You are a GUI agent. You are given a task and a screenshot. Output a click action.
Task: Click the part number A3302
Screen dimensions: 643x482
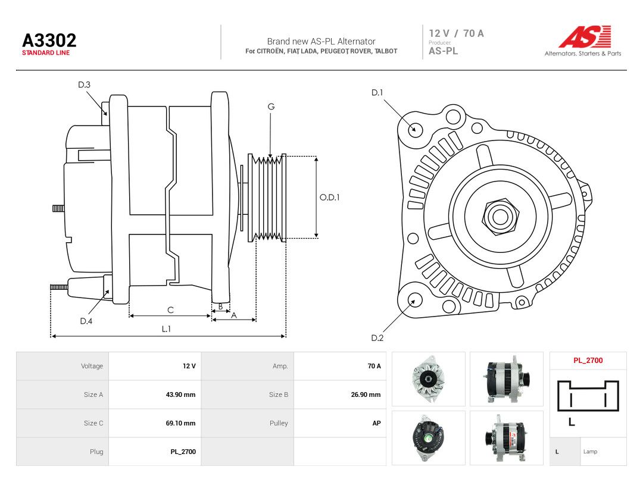49,40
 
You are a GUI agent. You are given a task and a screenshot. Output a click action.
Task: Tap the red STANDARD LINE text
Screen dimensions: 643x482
46,53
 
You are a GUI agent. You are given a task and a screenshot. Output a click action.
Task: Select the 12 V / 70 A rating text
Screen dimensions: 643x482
457,33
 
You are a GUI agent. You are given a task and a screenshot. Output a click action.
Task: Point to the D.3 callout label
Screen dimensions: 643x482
84,85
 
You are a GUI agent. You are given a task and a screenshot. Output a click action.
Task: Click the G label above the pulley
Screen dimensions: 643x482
271,107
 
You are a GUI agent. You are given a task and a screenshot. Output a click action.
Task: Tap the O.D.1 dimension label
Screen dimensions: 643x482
330,198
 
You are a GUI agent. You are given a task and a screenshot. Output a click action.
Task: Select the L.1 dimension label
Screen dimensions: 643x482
166,328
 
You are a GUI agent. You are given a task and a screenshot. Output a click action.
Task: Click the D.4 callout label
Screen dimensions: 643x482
86,321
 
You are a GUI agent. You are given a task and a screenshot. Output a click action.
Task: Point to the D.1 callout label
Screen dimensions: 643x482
377,93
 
